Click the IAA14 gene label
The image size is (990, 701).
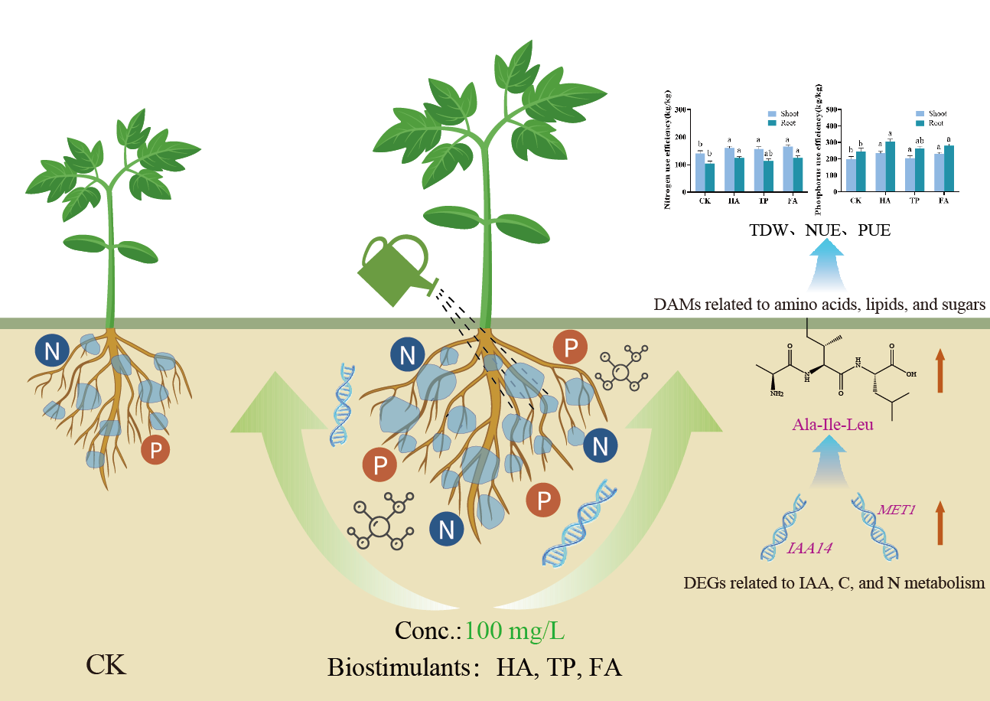(x=810, y=548)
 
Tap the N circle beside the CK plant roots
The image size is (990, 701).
(x=52, y=351)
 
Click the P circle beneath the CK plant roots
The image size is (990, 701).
(x=156, y=450)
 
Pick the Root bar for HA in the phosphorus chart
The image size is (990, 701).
(x=890, y=166)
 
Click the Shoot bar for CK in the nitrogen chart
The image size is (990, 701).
(x=699, y=171)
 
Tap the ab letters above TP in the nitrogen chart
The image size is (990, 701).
(x=767, y=153)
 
